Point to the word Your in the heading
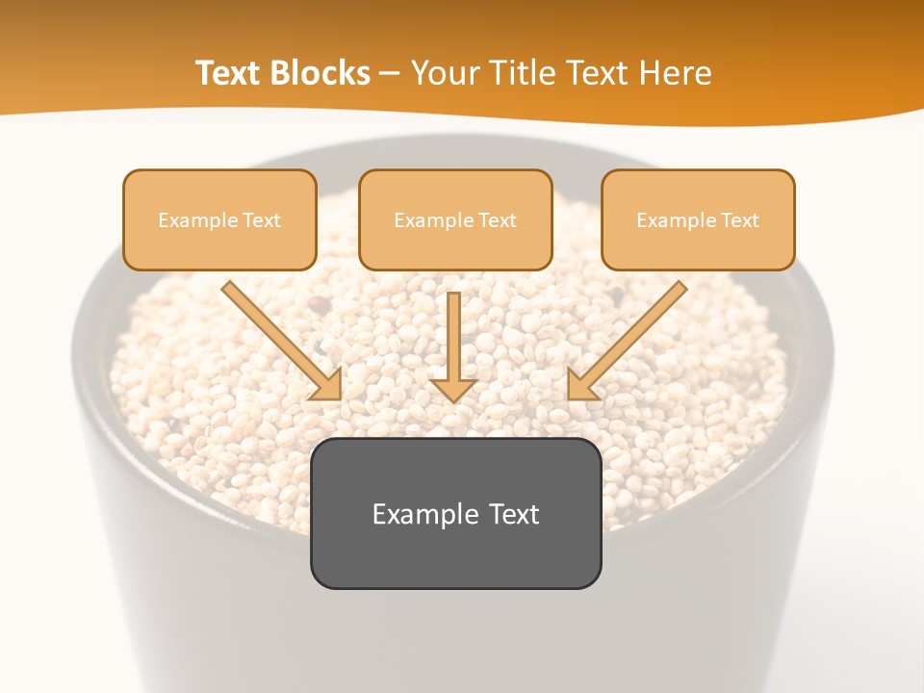pyautogui.click(x=448, y=73)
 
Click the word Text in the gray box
pyautogui.click(x=514, y=514)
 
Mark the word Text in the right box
pyautogui.click(x=739, y=220)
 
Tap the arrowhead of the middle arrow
pyautogui.click(x=453, y=390)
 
